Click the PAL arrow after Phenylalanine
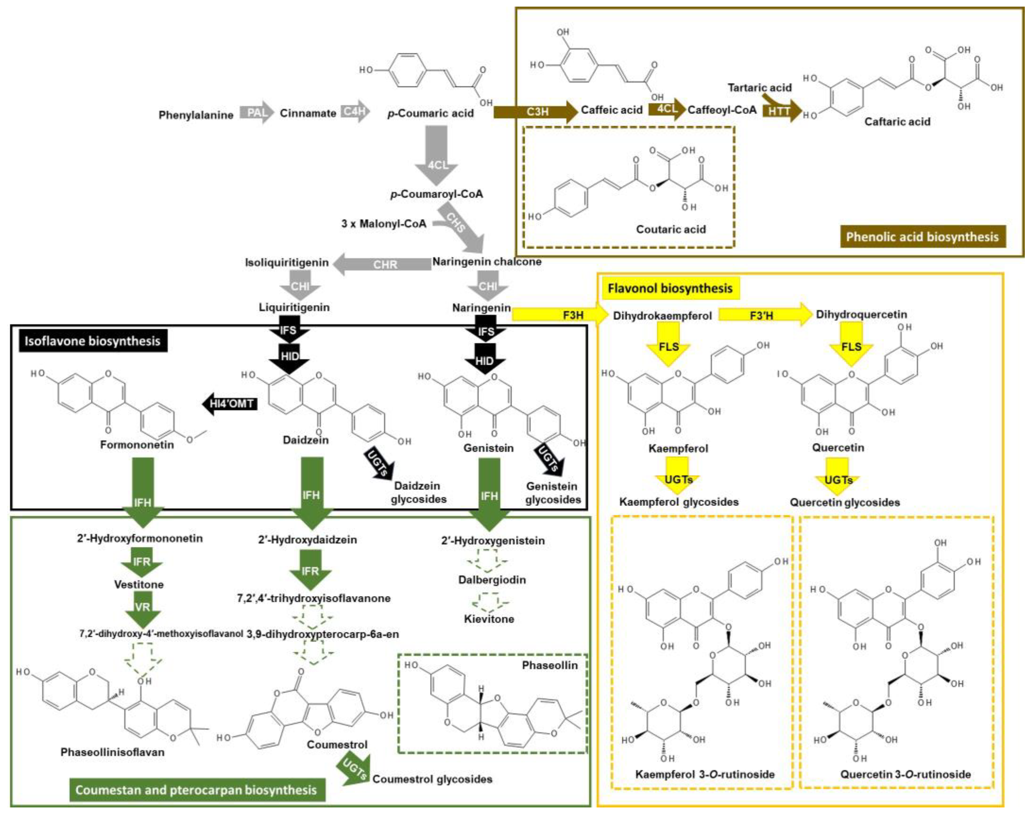(258, 113)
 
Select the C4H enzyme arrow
(355, 112)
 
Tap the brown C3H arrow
(537, 112)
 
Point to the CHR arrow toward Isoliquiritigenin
(384, 264)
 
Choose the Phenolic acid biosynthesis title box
(922, 237)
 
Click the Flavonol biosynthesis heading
(670, 288)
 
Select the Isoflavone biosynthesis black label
(92, 341)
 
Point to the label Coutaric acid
(671, 229)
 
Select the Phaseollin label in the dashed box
(550, 665)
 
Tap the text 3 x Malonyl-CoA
(383, 223)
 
